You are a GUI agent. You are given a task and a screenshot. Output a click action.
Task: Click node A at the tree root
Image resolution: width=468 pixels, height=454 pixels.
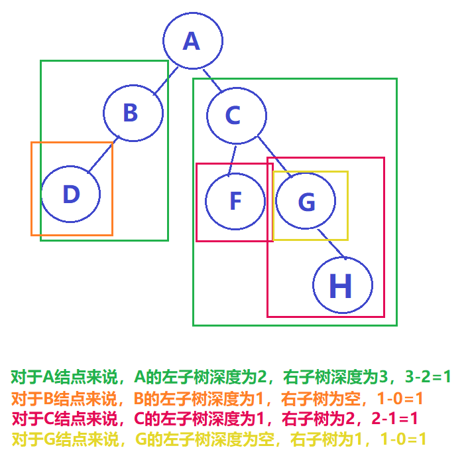pos(192,41)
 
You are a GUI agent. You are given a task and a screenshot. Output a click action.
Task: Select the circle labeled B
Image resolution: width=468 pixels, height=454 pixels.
pos(133,112)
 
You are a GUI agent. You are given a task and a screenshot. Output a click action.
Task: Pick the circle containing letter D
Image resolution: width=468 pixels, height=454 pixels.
pos(71,194)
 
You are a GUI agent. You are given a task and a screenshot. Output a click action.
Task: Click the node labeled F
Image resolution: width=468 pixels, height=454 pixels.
pos(235,201)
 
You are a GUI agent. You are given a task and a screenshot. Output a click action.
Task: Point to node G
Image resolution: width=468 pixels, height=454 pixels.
pos(306,201)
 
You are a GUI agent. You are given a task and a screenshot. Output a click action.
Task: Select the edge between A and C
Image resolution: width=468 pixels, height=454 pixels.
pos(212,79)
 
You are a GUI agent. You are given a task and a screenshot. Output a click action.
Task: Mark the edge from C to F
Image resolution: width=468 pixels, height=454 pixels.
pos(232,159)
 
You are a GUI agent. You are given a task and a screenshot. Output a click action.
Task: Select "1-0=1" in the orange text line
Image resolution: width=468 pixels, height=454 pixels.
pos(399,399)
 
